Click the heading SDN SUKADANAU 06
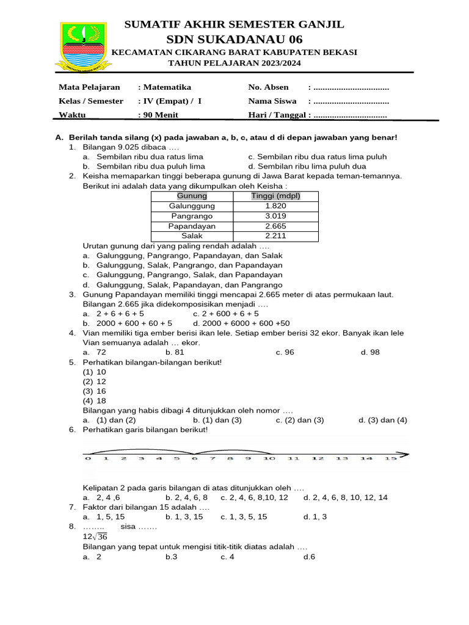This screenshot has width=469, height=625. (x=234, y=40)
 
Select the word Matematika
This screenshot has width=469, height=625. (x=167, y=87)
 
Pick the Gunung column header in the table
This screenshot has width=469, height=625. (x=192, y=196)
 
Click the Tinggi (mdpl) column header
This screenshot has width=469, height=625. (x=275, y=196)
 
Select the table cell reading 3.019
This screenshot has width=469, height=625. (x=275, y=216)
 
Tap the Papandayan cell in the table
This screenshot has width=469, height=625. (x=192, y=226)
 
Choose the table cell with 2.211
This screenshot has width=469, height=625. (x=275, y=236)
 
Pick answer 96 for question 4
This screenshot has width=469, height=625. (x=288, y=353)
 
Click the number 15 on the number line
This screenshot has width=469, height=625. (x=390, y=458)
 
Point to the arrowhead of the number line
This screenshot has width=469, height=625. (x=407, y=455)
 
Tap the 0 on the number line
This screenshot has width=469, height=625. (x=88, y=458)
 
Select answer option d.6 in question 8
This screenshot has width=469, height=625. (x=309, y=557)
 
